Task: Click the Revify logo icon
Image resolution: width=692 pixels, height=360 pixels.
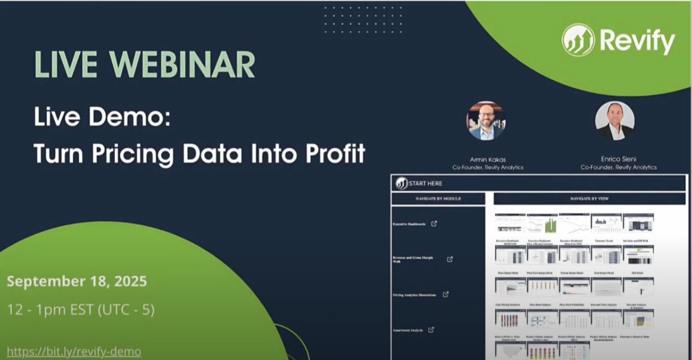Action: (x=578, y=40)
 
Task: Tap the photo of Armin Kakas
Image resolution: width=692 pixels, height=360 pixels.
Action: (x=486, y=121)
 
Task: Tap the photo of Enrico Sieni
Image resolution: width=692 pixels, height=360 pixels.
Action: (x=615, y=121)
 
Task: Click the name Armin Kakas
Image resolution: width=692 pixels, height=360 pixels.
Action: (x=487, y=159)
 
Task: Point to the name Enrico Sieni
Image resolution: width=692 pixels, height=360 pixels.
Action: (x=618, y=159)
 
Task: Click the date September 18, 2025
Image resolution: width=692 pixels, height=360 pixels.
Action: (x=77, y=281)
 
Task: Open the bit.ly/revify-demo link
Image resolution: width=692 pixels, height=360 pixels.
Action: (x=74, y=352)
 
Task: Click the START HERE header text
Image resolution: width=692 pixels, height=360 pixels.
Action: (x=426, y=183)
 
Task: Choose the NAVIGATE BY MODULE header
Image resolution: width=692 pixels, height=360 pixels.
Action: (x=438, y=198)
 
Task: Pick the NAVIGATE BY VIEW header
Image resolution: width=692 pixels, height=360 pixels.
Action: (x=589, y=198)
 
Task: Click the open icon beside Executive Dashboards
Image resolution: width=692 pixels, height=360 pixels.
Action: (x=434, y=223)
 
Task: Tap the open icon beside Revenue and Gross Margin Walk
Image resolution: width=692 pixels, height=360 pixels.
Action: (x=450, y=259)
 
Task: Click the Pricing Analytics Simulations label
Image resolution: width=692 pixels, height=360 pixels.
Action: (x=414, y=295)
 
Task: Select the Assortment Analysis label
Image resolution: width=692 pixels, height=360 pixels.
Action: (x=408, y=330)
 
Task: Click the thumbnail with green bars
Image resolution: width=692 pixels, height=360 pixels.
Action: (x=542, y=224)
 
